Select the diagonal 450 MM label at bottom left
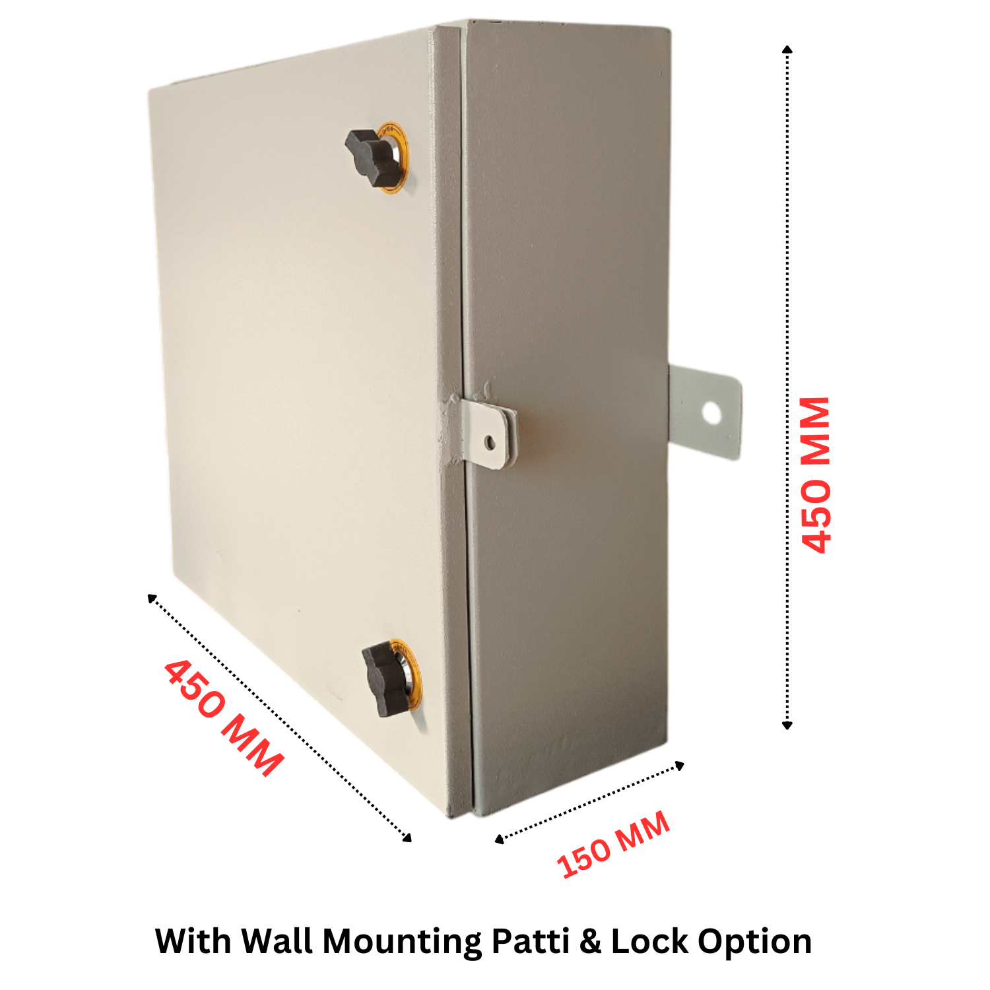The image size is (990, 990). coord(223,717)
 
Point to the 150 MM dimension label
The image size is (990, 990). coord(613,845)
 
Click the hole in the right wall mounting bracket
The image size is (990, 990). coord(711,413)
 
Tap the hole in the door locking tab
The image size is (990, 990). coord(490,442)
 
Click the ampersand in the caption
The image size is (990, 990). coord(591,942)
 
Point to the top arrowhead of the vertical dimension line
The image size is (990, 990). coord(787,49)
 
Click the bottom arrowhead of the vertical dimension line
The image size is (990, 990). coord(787,725)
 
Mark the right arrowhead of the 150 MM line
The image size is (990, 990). coord(680,766)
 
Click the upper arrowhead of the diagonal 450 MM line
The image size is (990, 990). coord(151,598)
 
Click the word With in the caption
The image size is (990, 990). coord(194,941)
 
